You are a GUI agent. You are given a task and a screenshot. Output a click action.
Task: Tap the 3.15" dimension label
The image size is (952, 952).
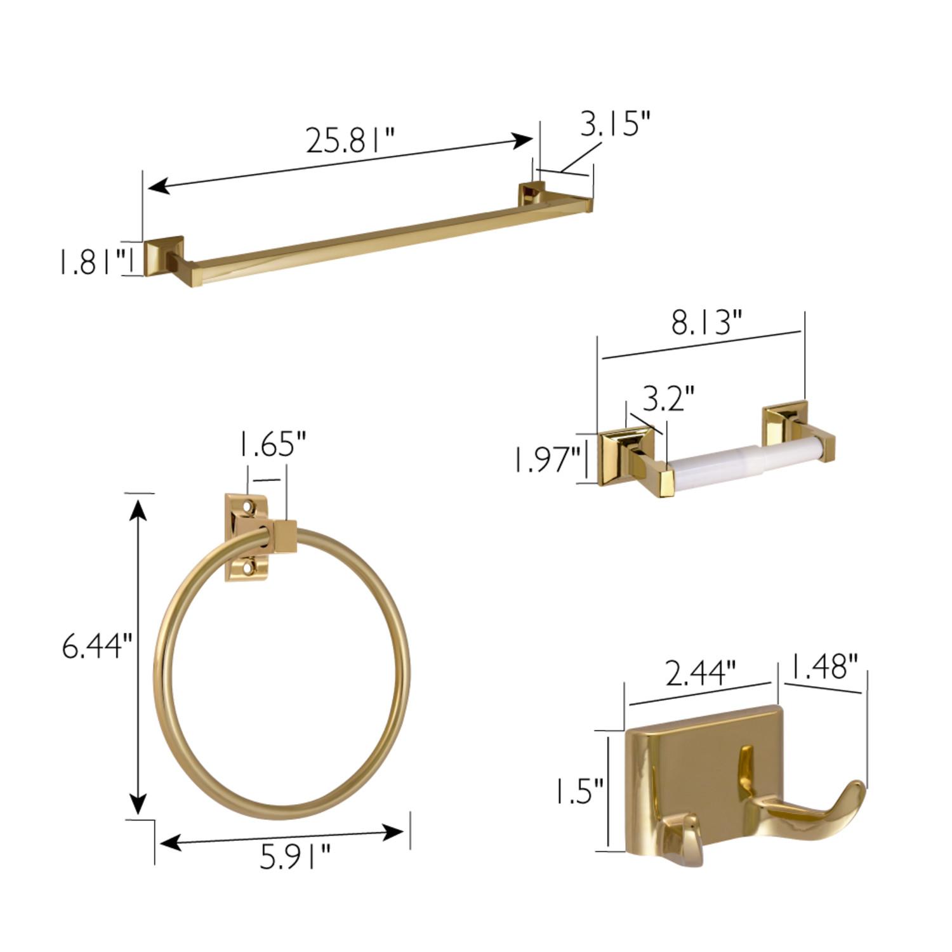click(x=616, y=124)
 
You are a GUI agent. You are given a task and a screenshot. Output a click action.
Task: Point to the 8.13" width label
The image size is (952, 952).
click(x=706, y=322)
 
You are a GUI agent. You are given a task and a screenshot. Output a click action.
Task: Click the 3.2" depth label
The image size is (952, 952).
click(x=668, y=400)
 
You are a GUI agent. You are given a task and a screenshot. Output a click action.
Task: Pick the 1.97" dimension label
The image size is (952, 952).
click(x=547, y=459)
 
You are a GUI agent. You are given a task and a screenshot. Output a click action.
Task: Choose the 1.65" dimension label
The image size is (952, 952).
click(x=273, y=444)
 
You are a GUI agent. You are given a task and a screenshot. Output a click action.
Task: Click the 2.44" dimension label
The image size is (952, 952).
click(x=701, y=673)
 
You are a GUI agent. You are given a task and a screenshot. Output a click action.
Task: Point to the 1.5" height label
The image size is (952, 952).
click(x=579, y=791)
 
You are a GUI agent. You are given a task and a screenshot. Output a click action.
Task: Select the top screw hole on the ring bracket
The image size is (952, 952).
click(x=249, y=507)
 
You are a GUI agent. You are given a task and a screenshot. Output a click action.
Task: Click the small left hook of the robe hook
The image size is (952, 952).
click(x=682, y=838)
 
